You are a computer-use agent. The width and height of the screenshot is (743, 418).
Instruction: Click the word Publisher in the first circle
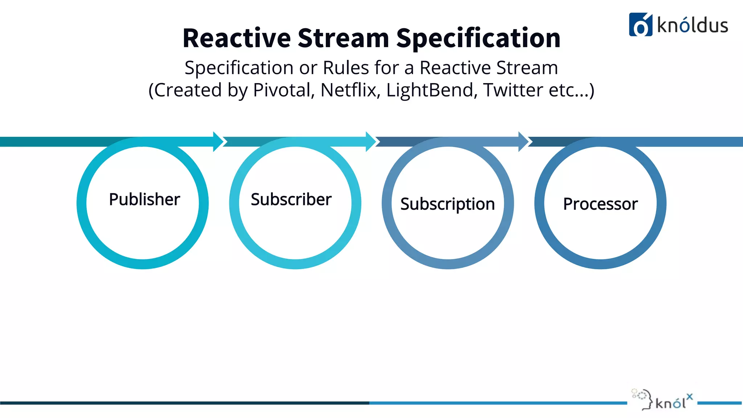coord(144,200)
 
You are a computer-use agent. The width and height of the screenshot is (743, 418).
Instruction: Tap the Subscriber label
coord(291,200)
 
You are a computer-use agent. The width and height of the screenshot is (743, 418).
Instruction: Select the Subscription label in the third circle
coord(447,204)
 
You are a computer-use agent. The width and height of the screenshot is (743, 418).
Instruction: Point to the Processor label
coord(600,204)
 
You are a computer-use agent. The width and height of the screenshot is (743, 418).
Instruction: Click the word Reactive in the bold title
coord(237,38)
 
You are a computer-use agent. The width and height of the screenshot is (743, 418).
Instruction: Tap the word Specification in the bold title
coord(478,38)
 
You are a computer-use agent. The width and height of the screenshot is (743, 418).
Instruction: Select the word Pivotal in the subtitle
coord(284,90)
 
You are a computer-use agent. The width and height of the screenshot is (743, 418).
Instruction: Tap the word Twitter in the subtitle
coord(513,90)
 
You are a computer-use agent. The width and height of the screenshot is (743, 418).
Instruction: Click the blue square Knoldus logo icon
coord(640,25)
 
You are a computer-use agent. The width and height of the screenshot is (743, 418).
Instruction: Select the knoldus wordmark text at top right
coord(692,25)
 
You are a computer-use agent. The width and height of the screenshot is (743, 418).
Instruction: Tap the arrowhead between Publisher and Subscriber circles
coord(218,142)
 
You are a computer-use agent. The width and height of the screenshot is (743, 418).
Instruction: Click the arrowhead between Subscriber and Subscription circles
coord(371,142)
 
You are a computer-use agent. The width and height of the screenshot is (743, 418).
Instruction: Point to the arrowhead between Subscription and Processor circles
coord(524,142)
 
